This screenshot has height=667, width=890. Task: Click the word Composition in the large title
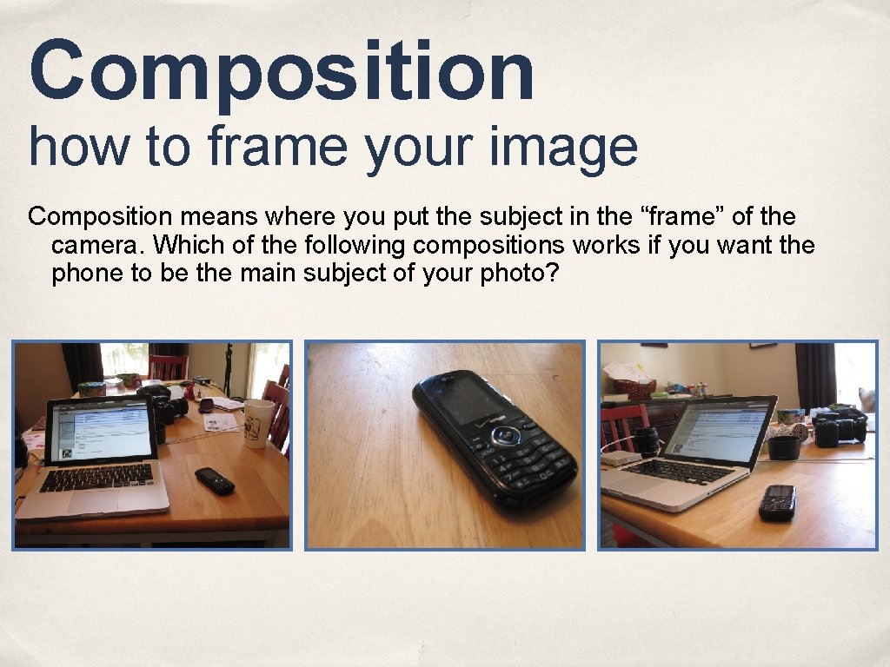pyautogui.click(x=281, y=71)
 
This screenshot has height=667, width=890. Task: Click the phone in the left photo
pyautogui.click(x=214, y=480)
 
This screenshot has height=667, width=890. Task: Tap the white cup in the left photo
pyautogui.click(x=257, y=423)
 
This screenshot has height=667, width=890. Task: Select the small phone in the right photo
pyautogui.click(x=777, y=502)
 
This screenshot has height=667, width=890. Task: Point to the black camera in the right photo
pyautogui.click(x=839, y=427)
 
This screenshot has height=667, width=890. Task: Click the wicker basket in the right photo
pyautogui.click(x=634, y=388)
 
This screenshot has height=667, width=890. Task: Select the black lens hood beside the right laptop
pyautogui.click(x=783, y=446)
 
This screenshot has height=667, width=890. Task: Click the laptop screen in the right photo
pyautogui.click(x=721, y=430)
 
